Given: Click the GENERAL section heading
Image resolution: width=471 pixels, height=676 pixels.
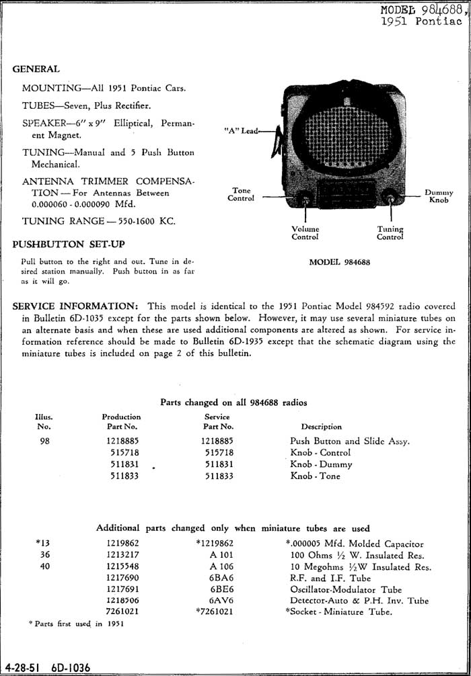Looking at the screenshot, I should point(36,69).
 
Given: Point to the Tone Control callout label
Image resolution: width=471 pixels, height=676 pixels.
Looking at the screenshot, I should point(241,194).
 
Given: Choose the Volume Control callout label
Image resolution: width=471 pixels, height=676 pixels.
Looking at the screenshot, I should point(305,233).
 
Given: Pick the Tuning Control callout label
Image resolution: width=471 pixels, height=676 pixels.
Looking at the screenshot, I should point(390,233).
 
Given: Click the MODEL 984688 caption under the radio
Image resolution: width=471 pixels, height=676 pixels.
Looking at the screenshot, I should point(339,262).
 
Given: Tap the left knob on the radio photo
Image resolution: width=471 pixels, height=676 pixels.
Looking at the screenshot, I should point(304,198).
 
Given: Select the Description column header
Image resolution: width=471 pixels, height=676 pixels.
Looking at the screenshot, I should point(321,427).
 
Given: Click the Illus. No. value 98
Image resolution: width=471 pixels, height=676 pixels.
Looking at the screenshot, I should point(44,441).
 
